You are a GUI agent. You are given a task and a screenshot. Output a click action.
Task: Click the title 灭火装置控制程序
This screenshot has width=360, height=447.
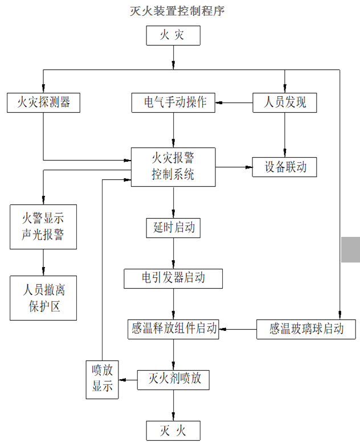(174, 11)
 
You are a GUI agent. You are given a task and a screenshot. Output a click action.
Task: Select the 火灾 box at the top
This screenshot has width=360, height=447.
(173, 36)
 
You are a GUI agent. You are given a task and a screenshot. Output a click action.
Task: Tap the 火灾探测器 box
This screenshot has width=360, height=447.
(43, 102)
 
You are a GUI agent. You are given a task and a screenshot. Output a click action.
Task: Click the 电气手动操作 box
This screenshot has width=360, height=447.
(173, 102)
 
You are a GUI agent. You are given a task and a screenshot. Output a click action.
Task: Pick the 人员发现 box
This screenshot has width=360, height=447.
(284, 102)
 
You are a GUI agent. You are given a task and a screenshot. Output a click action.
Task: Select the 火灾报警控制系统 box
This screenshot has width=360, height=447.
(173, 167)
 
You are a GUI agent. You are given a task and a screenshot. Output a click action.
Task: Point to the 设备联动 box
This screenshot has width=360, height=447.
(284, 167)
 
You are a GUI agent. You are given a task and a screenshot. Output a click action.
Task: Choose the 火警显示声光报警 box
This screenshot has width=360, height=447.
(43, 226)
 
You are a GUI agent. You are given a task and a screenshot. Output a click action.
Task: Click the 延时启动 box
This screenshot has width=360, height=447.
(173, 228)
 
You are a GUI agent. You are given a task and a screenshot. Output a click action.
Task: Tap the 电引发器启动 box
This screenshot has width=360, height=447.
(173, 278)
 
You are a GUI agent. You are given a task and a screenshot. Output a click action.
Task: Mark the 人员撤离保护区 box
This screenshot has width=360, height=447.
(43, 298)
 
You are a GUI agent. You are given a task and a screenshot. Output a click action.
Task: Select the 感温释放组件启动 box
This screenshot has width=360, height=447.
(173, 329)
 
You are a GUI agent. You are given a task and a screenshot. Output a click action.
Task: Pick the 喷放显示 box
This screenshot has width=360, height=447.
(102, 379)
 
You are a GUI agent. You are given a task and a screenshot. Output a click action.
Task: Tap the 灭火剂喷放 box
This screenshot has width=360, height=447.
(173, 379)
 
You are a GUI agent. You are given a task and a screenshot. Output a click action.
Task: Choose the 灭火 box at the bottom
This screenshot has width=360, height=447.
(173, 430)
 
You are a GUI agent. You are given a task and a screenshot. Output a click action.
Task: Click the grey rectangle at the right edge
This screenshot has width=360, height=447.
(350, 249)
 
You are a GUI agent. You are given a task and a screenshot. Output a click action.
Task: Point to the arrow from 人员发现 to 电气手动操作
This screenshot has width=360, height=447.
(234, 102)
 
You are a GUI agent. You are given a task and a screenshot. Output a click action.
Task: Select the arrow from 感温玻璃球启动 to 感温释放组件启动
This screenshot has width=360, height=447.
(238, 329)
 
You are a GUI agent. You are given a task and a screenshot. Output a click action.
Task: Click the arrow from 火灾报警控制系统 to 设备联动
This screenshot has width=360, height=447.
(234, 167)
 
